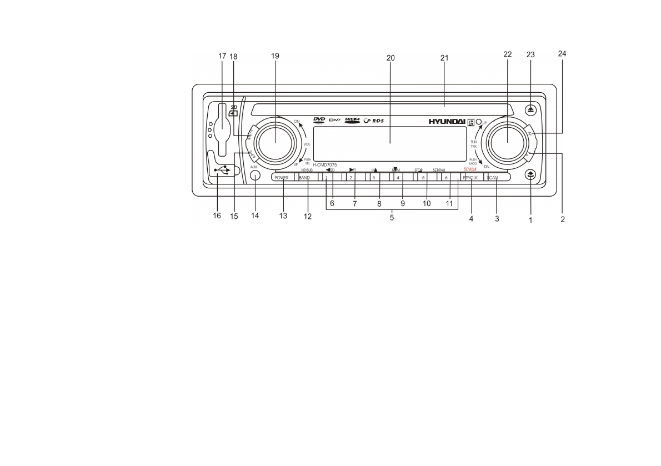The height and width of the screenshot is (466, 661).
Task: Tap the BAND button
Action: pyautogui.click(x=304, y=177)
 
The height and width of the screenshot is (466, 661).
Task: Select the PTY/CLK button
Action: pyautogui.click(x=470, y=177)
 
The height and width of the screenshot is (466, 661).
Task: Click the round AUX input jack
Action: pyautogui.click(x=254, y=176)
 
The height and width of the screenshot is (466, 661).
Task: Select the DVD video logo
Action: pyautogui.click(x=319, y=121)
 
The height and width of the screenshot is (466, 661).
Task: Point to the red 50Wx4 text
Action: pyautogui.click(x=470, y=170)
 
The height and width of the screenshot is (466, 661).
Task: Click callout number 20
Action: pyautogui.click(x=390, y=57)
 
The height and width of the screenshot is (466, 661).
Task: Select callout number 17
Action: pyautogui.click(x=222, y=56)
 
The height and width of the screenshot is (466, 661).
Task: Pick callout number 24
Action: pyautogui.click(x=562, y=54)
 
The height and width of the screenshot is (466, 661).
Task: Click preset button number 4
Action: pyautogui.click(x=398, y=177)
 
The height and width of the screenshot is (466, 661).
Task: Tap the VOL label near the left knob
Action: pyautogui.click(x=306, y=143)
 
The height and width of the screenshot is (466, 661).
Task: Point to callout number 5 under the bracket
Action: pyautogui.click(x=392, y=218)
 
